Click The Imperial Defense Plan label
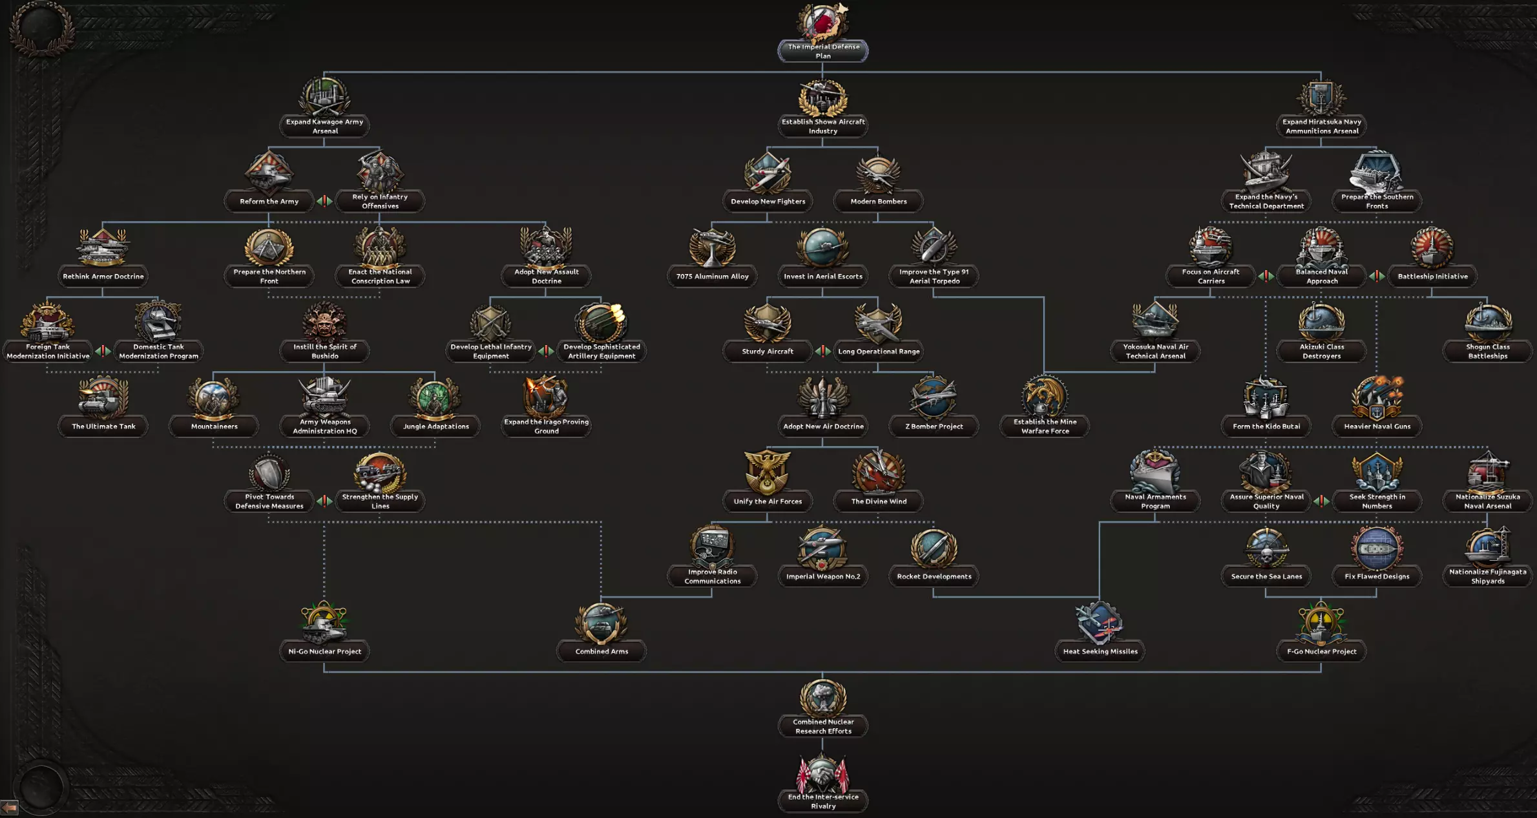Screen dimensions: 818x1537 click(822, 51)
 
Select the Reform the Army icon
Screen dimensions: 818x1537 click(269, 172)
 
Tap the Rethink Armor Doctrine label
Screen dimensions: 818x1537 click(103, 277)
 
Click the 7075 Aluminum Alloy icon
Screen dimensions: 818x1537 click(712, 247)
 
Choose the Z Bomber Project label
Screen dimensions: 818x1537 click(934, 426)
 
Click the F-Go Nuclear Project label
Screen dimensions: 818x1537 click(1321, 651)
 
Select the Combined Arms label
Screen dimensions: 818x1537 click(601, 651)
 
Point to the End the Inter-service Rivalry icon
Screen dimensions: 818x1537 click(822, 773)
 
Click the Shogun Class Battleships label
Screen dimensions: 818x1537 click(1487, 351)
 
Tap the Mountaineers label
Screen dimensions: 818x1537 click(214, 426)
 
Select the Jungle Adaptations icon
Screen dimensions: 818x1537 click(435, 397)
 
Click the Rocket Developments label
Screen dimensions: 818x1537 click(934, 576)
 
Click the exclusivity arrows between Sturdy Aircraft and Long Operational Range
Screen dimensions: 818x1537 click(822, 351)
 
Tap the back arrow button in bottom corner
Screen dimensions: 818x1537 click(9, 808)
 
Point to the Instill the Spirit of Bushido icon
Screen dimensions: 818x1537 click(324, 322)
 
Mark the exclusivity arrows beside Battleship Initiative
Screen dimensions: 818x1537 click(1377, 277)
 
